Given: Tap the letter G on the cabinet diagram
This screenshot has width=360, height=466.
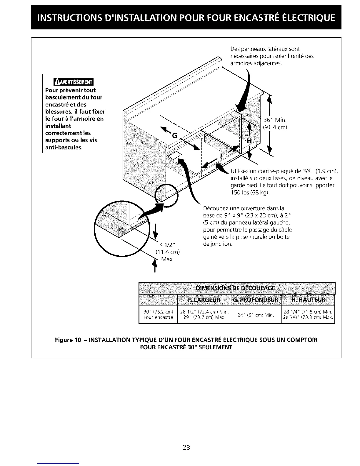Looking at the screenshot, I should (174, 136).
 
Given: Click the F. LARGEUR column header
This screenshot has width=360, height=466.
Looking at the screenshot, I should (204, 300).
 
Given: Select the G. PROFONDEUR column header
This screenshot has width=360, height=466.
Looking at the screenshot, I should (256, 300).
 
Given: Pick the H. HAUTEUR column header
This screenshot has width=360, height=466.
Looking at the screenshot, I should (308, 300).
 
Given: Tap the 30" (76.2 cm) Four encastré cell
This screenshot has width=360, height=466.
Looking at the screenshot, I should (158, 315).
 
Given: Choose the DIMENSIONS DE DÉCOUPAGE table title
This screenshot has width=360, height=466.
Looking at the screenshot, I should (237, 288).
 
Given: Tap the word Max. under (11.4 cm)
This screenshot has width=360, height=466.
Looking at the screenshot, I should (167, 259).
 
